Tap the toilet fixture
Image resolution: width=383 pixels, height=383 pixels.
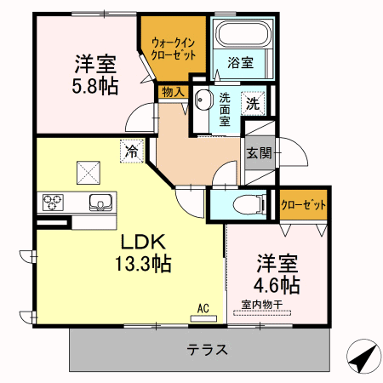coord(249,204)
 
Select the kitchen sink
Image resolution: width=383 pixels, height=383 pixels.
coord(100,203)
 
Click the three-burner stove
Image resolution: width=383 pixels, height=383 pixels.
coord(53,203)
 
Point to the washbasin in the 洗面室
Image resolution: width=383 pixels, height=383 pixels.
coord(204,100)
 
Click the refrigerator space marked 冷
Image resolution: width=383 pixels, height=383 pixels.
coord(132,151)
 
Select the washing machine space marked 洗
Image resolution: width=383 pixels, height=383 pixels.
coord(253,103)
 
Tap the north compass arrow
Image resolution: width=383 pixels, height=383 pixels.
coord(364,356)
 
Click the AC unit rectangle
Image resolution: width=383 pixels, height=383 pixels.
coord(203,318)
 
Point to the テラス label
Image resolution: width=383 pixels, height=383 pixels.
coord(208,350)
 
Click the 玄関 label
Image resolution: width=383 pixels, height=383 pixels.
coord(260,153)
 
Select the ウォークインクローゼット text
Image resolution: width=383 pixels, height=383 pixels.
coord(174,49)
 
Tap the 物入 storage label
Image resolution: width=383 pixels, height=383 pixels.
coord(173,92)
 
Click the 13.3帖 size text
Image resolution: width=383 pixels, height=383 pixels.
coord(143,264)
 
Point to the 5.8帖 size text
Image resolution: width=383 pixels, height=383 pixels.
coord(95,86)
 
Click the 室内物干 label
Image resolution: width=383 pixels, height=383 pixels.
coord(262,305)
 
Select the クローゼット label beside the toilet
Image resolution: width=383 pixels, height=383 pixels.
coord(303,205)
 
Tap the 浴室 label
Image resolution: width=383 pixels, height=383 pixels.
coord(241,63)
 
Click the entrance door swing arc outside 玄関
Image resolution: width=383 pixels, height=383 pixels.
coord(302,149)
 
